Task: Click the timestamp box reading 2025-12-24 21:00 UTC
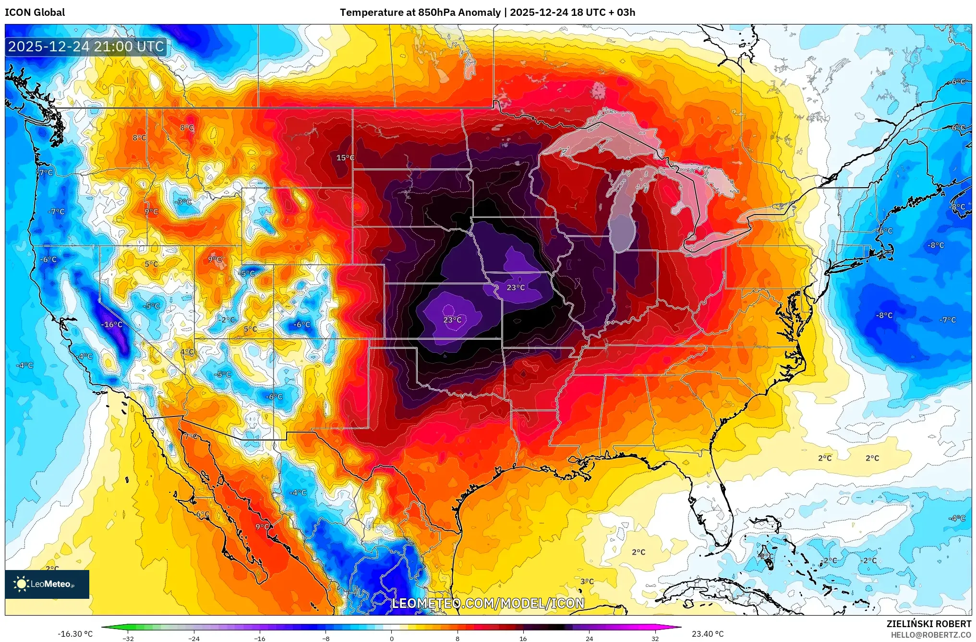tap(86, 47)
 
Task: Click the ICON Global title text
tap(35, 12)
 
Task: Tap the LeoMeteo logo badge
tap(47, 584)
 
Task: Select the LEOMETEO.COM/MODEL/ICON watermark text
tap(488, 603)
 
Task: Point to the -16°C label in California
tap(112, 325)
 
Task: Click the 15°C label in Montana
tap(345, 158)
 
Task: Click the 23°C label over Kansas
tap(452, 320)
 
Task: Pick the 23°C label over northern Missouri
tap(516, 288)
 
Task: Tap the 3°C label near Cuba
tap(587, 582)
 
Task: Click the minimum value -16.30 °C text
tap(75, 634)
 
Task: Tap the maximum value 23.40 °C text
tap(707, 634)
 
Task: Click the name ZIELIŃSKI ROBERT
tap(928, 624)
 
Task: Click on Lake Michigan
tap(622, 226)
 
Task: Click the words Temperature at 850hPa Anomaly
tap(420, 12)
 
